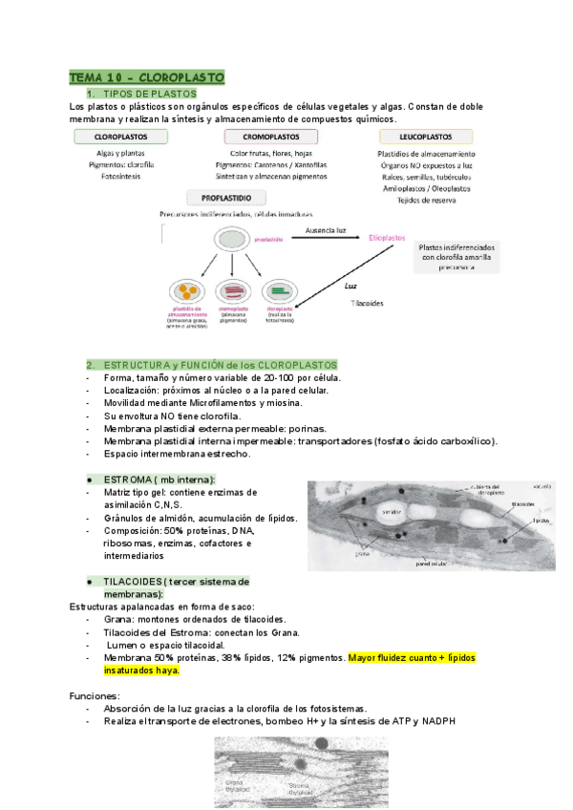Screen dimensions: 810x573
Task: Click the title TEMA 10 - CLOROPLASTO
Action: pos(146,76)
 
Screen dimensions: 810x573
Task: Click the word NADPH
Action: pos(440,721)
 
